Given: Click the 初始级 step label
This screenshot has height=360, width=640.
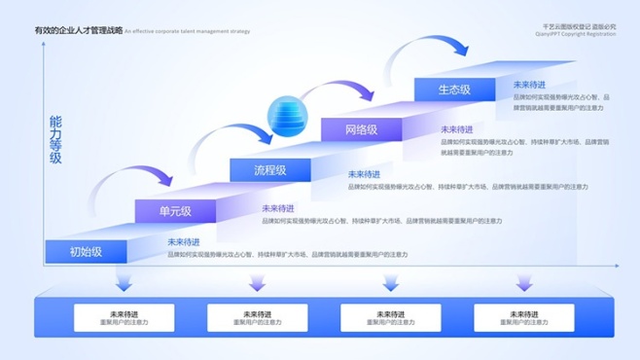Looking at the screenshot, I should [x=86, y=251].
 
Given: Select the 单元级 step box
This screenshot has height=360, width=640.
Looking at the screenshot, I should [x=176, y=210].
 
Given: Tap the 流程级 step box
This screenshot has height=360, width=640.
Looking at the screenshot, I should [x=270, y=170].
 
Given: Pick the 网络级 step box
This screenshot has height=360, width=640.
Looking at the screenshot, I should [x=361, y=129].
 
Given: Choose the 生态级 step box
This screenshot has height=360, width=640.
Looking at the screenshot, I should [x=454, y=90].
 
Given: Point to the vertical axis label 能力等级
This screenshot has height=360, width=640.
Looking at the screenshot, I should [x=55, y=140].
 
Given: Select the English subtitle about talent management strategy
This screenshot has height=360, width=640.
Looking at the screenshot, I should [x=188, y=32].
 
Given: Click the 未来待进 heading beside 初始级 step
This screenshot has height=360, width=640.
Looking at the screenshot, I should [x=184, y=241].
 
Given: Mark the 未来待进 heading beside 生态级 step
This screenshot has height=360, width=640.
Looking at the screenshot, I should [x=529, y=85].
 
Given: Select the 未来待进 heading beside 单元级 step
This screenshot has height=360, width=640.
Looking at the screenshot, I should [x=278, y=208].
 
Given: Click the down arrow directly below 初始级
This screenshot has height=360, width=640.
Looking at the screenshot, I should [x=123, y=281].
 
